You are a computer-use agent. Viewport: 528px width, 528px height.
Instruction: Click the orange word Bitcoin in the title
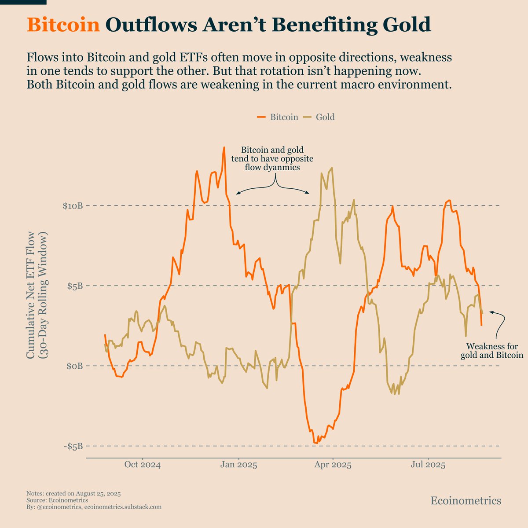(x=63, y=25)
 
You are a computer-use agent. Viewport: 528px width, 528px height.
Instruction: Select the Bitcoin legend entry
(x=278, y=117)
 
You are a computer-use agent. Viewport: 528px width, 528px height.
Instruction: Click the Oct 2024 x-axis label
(x=142, y=465)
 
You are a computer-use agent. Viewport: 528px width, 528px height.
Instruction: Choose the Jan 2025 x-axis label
(x=238, y=465)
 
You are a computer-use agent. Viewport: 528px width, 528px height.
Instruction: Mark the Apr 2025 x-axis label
(x=333, y=465)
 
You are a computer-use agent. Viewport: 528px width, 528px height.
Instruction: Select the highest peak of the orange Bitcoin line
(x=224, y=148)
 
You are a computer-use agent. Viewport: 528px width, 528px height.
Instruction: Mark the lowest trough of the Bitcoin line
(x=315, y=443)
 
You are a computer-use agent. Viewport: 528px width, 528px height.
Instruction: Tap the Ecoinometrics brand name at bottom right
(x=466, y=501)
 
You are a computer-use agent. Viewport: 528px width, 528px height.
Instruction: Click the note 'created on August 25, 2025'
(x=73, y=494)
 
